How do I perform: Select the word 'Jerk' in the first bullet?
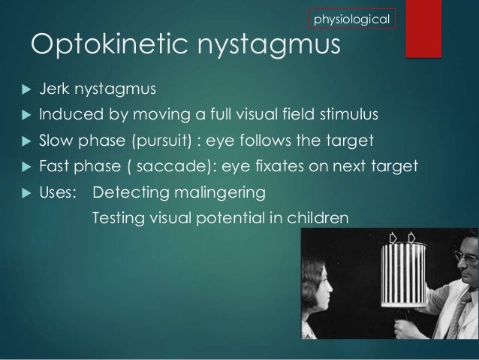point(54,90)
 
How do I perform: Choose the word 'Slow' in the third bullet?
point(56,141)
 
